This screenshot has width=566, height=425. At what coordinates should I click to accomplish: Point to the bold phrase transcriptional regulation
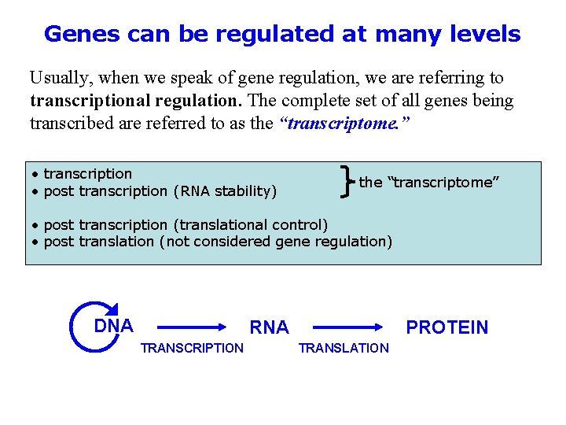click(136, 101)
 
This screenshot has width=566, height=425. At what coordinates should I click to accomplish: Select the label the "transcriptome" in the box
click(429, 182)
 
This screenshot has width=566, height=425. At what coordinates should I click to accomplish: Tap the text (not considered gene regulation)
click(275, 242)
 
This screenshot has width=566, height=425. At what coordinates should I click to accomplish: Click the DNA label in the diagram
click(113, 325)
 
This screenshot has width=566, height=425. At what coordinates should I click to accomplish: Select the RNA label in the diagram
click(269, 327)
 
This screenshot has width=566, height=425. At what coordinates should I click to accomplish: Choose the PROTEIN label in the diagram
click(447, 327)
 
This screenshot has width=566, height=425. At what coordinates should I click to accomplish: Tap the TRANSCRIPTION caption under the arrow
click(192, 348)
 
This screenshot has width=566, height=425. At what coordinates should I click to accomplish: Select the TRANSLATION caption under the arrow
click(344, 348)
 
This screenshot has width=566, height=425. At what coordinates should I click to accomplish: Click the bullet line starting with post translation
click(212, 242)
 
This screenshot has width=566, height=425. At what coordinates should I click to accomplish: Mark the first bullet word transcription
click(88, 173)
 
